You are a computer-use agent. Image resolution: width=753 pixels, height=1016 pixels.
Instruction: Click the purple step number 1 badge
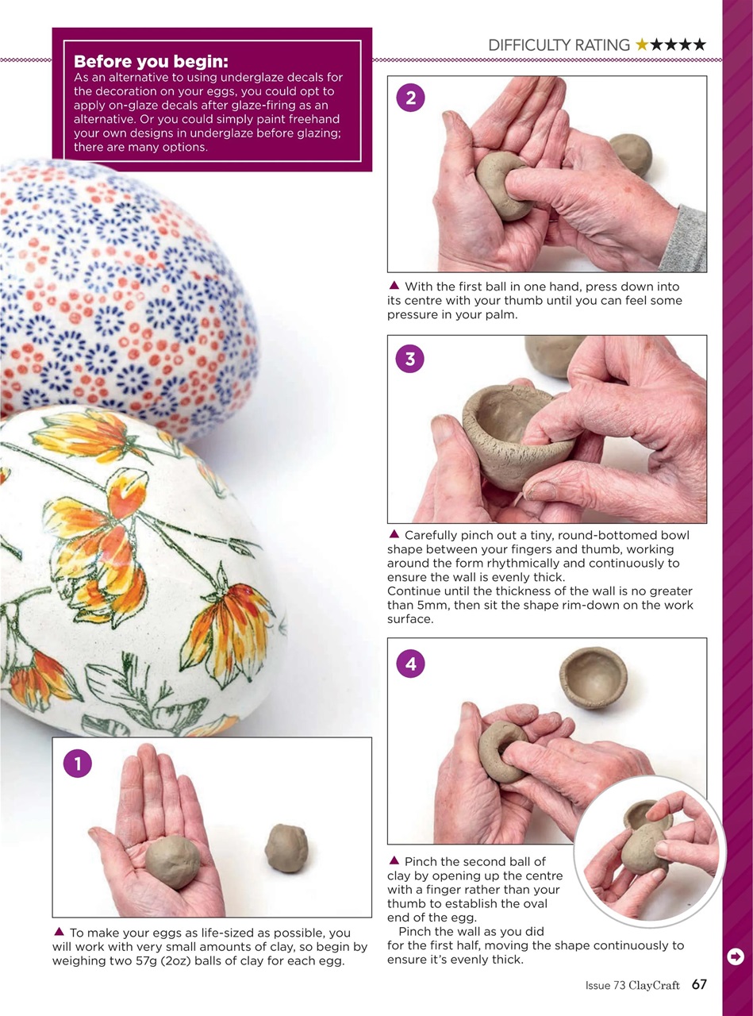[78, 764]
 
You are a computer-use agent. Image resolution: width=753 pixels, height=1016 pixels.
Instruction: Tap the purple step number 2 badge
[410, 98]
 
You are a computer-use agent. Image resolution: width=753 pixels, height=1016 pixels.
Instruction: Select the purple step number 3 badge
[410, 359]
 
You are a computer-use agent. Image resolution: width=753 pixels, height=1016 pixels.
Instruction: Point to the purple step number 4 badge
[410, 664]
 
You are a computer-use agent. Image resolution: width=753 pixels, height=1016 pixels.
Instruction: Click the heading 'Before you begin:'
[151, 62]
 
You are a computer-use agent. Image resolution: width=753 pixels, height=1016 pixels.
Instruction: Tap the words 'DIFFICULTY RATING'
[559, 45]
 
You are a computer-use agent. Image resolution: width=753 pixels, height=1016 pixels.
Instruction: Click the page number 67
[698, 985]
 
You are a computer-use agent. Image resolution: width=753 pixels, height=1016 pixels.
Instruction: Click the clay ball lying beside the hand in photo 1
[286, 848]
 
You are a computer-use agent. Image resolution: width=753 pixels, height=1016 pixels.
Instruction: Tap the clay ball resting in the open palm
[173, 861]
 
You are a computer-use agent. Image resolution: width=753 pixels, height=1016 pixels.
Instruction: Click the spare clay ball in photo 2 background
[631, 154]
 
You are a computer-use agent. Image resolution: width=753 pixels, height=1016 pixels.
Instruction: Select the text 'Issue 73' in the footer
[605, 986]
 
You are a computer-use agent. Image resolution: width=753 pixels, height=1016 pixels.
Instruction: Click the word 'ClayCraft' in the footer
[654, 986]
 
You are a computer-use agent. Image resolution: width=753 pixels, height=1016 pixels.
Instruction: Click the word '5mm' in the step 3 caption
[422, 605]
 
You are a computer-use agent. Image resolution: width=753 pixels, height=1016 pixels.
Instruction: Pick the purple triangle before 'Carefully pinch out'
[393, 534]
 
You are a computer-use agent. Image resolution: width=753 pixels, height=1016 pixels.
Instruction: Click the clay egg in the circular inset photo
[644, 846]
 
